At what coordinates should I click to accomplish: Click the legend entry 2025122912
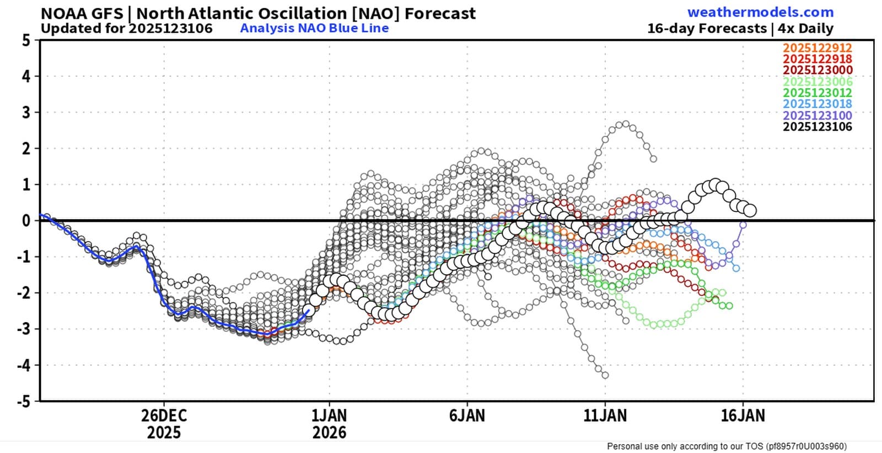pyautogui.click(x=818, y=48)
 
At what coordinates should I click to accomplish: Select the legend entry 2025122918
pyautogui.click(x=818, y=59)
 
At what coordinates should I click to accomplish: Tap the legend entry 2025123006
pyautogui.click(x=818, y=82)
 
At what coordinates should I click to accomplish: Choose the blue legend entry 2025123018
pyautogui.click(x=818, y=104)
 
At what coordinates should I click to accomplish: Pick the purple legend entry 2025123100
pyautogui.click(x=818, y=115)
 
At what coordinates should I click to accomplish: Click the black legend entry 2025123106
pyautogui.click(x=818, y=127)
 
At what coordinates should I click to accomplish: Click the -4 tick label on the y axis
pyautogui.click(x=24, y=365)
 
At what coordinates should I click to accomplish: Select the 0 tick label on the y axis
pyautogui.click(x=26, y=221)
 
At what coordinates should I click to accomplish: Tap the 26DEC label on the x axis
pyautogui.click(x=164, y=415)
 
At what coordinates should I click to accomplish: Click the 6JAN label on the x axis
pyautogui.click(x=467, y=415)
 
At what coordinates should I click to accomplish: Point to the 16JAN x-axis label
pyautogui.click(x=743, y=415)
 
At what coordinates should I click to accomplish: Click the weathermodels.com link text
pyautogui.click(x=760, y=12)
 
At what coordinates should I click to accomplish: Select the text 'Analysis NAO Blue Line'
pyautogui.click(x=315, y=28)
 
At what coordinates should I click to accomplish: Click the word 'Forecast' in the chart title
pyautogui.click(x=440, y=13)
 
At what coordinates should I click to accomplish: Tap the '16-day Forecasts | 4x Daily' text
pyautogui.click(x=740, y=28)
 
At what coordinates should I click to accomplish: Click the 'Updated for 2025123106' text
pyautogui.click(x=127, y=28)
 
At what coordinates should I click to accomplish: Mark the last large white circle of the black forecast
pyautogui.click(x=750, y=211)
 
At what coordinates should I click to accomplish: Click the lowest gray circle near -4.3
pyautogui.click(x=605, y=375)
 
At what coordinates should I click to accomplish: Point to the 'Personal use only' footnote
pyautogui.click(x=727, y=446)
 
